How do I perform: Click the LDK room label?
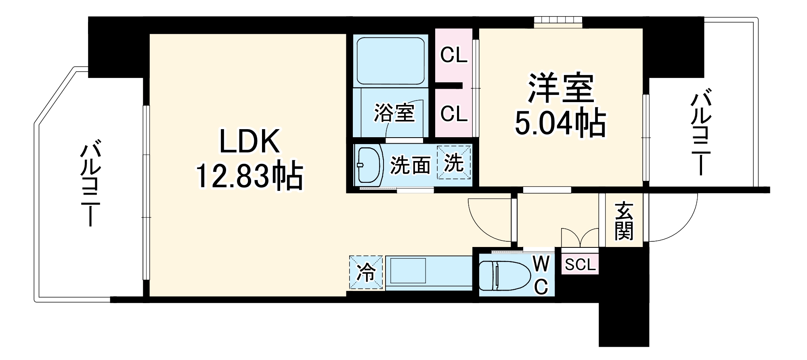[x=249, y=142]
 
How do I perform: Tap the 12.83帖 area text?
[x=249, y=177]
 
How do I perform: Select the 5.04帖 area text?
[x=560, y=123]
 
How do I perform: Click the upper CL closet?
[x=454, y=55]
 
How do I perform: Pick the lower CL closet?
[x=454, y=114]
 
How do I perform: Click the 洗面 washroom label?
[x=410, y=165]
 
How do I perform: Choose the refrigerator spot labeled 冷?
[x=366, y=272]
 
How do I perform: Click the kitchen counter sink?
[x=408, y=271]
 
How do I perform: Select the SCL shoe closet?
[x=580, y=265]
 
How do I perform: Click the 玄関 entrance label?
[x=624, y=221]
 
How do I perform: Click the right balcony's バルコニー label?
[x=702, y=134]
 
